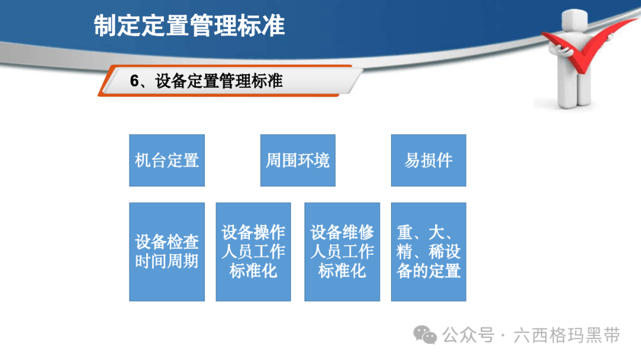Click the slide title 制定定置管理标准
point(189,26)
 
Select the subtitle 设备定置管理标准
point(218,81)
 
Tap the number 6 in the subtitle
point(135,81)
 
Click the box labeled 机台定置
point(167,160)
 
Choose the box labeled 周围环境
point(297,160)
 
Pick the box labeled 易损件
point(429,160)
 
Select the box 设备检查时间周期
point(167,252)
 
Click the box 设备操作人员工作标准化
point(253,252)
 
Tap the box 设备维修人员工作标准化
point(342,252)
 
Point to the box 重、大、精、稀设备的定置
point(429,252)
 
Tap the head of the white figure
point(575,20)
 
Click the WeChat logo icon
point(425,335)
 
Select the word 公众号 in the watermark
point(468,335)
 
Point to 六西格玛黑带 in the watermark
point(567,335)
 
